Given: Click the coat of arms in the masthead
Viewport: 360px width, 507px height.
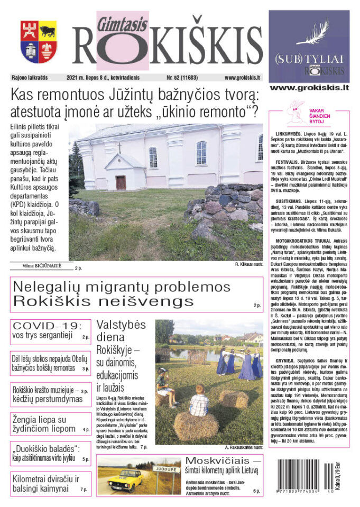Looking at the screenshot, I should [39, 42].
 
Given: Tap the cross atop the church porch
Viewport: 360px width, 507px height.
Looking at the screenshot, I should [119, 148].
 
